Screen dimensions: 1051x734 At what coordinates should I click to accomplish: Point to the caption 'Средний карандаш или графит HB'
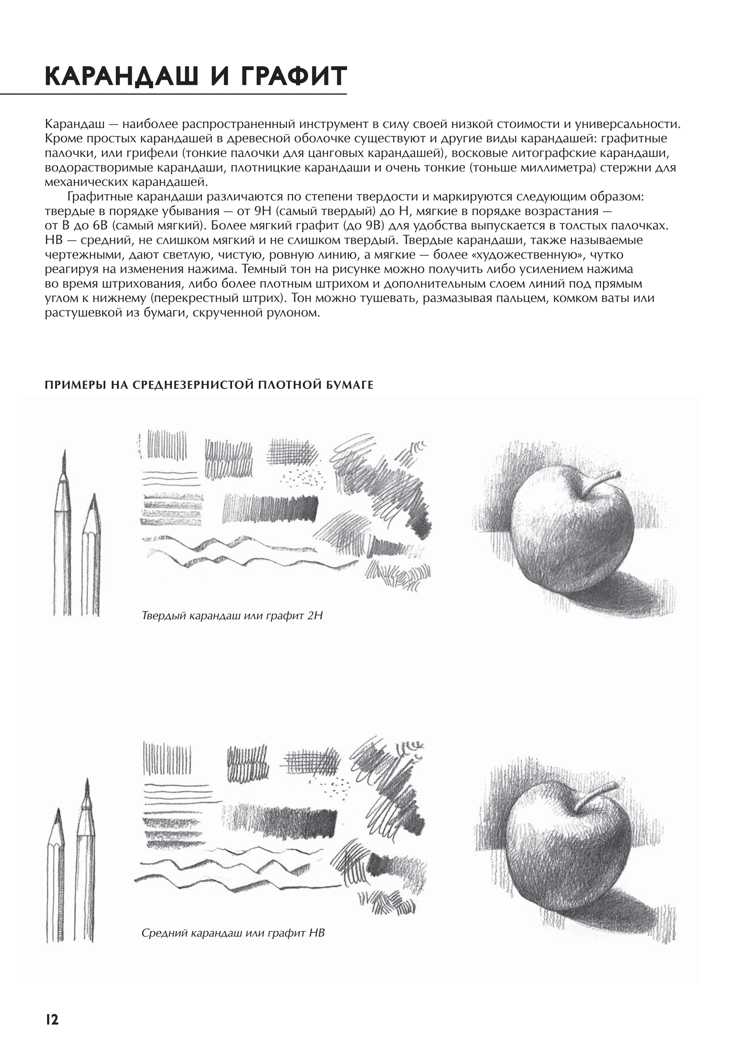click(233, 933)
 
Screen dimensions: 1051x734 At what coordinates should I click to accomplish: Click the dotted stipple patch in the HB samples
click(337, 787)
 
